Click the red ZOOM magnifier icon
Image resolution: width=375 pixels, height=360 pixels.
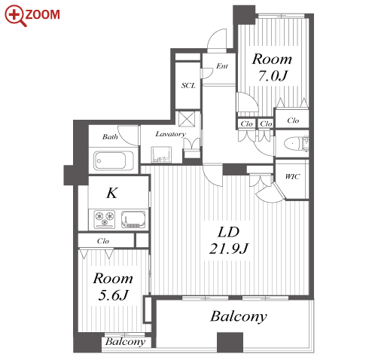point(15,16)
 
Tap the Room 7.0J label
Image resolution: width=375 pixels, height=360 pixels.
point(272,67)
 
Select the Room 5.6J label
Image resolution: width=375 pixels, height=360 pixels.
point(113,286)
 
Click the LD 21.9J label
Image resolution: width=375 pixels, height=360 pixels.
point(229,240)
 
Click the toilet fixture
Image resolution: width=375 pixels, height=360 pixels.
point(296,144)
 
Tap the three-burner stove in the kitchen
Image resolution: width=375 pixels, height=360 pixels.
point(105,219)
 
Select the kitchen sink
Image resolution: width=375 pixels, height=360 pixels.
point(133,219)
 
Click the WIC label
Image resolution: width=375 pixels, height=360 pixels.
point(292,176)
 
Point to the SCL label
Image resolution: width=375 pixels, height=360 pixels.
point(188,86)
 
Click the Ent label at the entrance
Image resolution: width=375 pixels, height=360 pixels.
point(222,66)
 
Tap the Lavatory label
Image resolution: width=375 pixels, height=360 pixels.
point(171,134)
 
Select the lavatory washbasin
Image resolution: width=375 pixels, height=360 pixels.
point(161,154)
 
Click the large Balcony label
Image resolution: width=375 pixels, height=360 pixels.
point(239,316)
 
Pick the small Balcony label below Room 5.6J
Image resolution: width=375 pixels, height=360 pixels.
point(125,342)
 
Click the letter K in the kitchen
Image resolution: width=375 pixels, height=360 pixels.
point(112,193)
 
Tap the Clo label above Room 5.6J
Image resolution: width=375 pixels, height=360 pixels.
point(103,241)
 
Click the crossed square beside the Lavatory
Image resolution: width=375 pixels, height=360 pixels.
point(187,119)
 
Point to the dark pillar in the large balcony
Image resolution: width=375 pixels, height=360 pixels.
point(230,343)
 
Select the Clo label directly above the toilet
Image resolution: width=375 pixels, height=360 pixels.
point(293,121)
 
